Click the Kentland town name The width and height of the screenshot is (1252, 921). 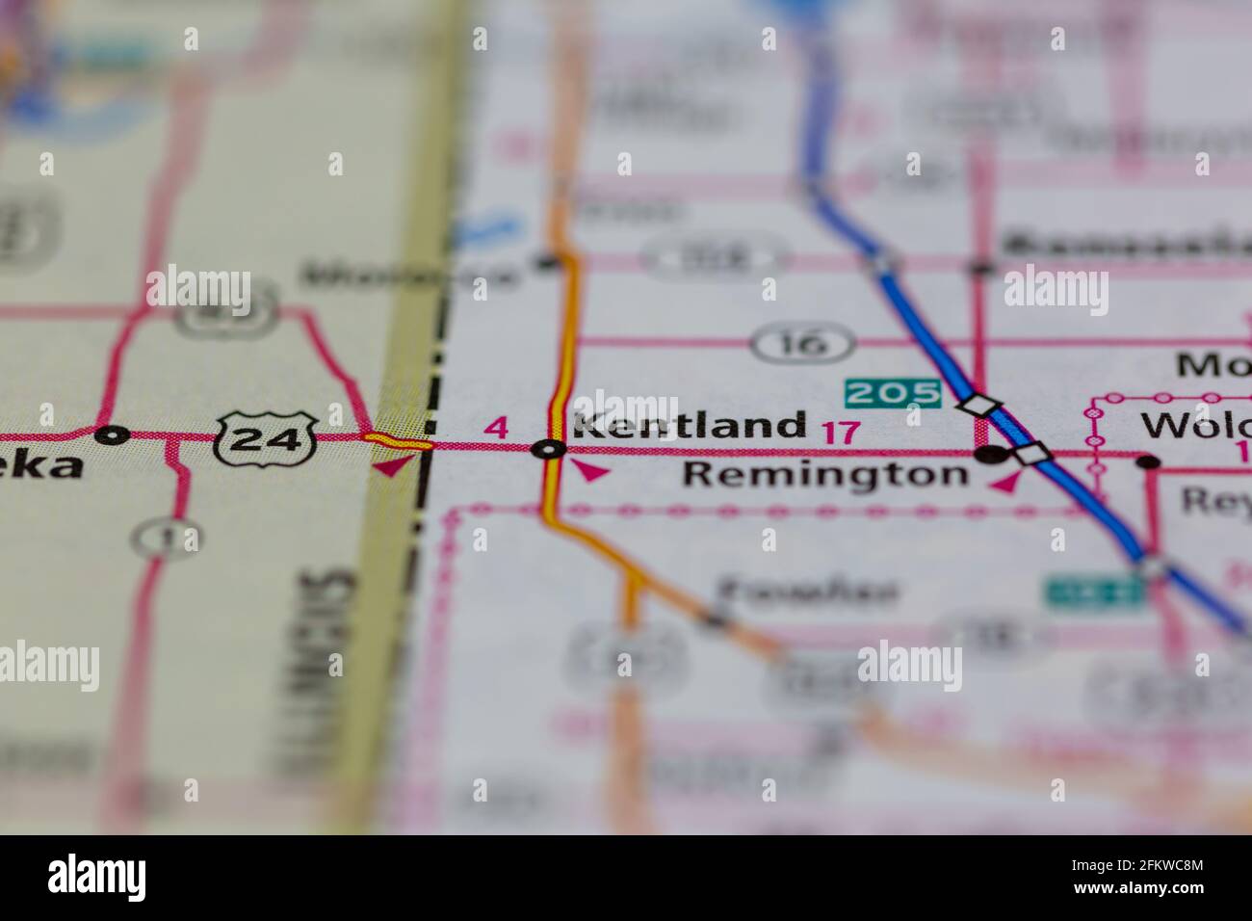pos(690,425)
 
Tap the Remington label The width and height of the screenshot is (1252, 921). pos(825,474)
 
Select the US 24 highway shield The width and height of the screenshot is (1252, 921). pos(267,438)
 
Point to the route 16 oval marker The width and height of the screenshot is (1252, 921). pos(802,343)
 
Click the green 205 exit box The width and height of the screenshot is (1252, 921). pos(892,392)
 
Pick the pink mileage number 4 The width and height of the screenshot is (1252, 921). pos(496,427)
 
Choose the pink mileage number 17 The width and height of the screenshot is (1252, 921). pos(840,432)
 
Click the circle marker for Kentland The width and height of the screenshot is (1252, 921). pos(549,449)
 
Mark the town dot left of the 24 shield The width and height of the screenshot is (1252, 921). pos(113,434)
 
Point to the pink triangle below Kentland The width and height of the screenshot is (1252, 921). pos(589,471)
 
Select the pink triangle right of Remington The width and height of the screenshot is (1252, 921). pos(1006,483)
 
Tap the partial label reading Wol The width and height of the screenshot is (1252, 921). pos(1194,425)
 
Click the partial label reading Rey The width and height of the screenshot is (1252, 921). pos(1215,500)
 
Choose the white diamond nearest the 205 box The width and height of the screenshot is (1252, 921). pos(978,406)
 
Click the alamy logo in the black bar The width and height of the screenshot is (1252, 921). pos(97,878)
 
